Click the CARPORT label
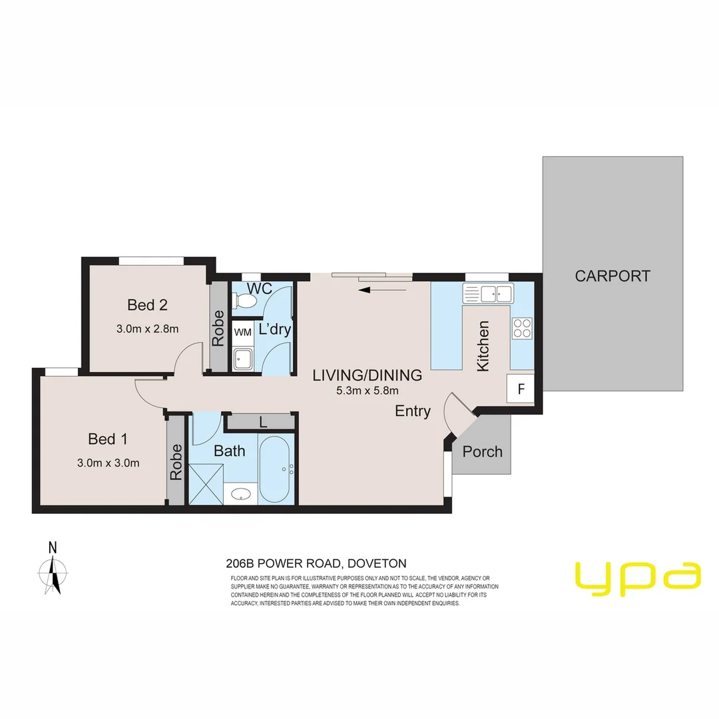tap(612, 276)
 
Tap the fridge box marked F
tap(521, 389)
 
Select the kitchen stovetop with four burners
tap(522, 328)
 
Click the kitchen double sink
tap(496, 293)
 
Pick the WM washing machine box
tap(242, 331)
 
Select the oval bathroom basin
tap(240, 494)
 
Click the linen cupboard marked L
tap(262, 421)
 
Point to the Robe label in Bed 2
tap(218, 328)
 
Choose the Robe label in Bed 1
tap(176, 462)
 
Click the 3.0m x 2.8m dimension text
tap(147, 328)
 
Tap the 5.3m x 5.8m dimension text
tap(367, 391)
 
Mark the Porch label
tap(482, 451)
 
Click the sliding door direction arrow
tap(382, 290)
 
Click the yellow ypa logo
tap(638, 577)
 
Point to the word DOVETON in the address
tap(381, 563)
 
